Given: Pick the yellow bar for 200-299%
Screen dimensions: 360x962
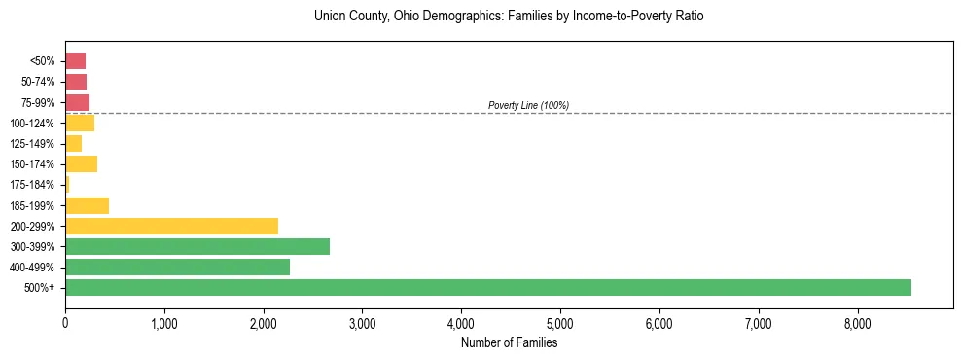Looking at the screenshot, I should [x=171, y=226].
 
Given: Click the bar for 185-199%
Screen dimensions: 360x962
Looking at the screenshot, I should [x=87, y=205].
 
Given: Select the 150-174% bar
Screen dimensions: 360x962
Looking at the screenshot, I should [x=81, y=164].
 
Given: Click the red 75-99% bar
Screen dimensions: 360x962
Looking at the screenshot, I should [x=77, y=102].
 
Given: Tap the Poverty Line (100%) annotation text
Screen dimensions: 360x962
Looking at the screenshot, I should [x=528, y=105].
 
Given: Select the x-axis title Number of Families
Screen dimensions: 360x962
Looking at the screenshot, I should [x=510, y=342].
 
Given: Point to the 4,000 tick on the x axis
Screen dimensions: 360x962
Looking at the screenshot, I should [x=461, y=322].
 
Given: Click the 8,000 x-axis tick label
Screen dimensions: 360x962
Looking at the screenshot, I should [x=857, y=322].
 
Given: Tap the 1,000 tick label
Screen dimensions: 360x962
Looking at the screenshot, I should [x=164, y=322].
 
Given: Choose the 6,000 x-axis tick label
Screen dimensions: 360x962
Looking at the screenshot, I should [x=659, y=322].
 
